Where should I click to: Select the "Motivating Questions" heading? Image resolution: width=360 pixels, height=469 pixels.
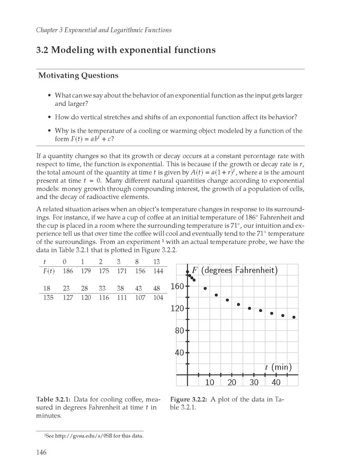78,75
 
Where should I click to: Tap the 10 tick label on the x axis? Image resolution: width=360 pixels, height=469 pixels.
210,382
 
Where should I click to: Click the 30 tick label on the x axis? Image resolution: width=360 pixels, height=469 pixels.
254,382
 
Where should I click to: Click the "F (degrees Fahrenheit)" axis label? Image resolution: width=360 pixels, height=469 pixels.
234,270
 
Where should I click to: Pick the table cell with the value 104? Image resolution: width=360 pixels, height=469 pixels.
158,298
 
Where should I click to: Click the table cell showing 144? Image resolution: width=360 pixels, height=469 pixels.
158,270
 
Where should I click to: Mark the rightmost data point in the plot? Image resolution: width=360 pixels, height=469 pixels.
294,317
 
